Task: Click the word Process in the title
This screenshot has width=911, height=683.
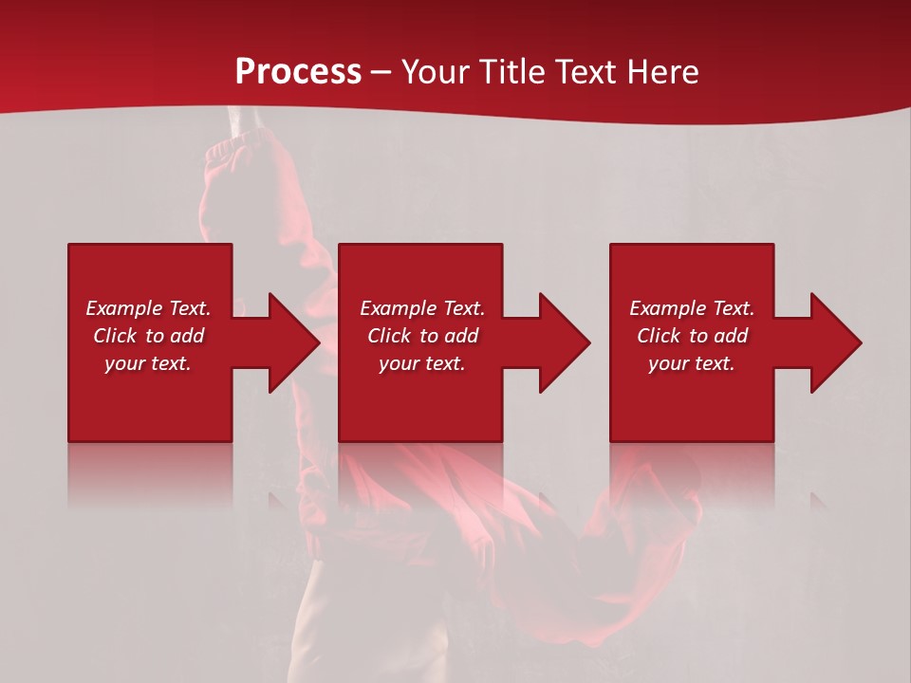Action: tap(298, 72)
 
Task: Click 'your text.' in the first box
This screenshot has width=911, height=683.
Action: tap(148, 363)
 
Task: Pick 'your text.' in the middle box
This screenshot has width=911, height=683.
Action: tap(421, 363)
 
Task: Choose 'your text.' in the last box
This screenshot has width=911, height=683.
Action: tap(692, 363)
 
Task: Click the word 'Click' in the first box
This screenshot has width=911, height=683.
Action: tap(115, 336)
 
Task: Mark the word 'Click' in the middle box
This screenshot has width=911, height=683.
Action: tap(389, 336)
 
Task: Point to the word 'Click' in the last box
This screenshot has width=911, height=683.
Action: tap(659, 336)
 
